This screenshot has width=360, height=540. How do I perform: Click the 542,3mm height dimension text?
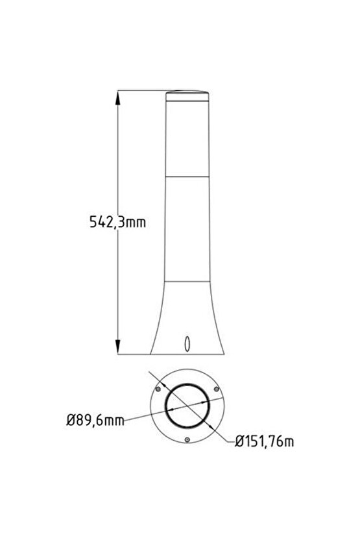click(x=117, y=223)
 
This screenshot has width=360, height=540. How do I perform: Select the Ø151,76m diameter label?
click(x=265, y=442)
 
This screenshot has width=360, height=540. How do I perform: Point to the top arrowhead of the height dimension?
click(x=119, y=97)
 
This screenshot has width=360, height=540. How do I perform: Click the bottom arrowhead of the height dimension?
click(x=119, y=350)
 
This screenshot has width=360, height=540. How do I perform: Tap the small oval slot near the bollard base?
click(x=187, y=344)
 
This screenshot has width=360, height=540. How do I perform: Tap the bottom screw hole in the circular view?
click(x=187, y=440)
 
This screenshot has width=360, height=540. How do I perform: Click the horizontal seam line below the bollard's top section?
click(x=187, y=175)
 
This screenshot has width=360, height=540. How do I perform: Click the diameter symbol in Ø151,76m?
click(x=239, y=442)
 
